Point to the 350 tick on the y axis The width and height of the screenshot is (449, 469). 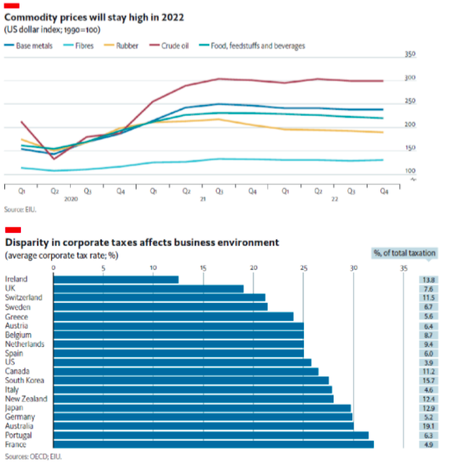pyautogui.click(x=410, y=55)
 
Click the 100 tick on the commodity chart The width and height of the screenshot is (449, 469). pyautogui.click(x=410, y=171)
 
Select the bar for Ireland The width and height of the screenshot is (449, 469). pyautogui.click(x=116, y=279)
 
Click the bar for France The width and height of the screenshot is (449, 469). pyautogui.click(x=214, y=444)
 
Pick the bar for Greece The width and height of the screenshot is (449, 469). pyautogui.click(x=173, y=316)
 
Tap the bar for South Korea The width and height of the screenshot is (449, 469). pyautogui.click(x=191, y=380)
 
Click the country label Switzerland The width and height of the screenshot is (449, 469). pyautogui.click(x=24, y=297)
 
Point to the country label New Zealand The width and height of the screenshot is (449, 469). pyautogui.click(x=25, y=399)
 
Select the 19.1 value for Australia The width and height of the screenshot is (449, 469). pyautogui.click(x=428, y=426)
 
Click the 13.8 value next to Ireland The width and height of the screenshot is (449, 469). pyautogui.click(x=428, y=279)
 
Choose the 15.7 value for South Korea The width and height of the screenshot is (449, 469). pyautogui.click(x=428, y=380)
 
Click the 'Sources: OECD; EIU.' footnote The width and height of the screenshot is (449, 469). pyautogui.click(x=33, y=457)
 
